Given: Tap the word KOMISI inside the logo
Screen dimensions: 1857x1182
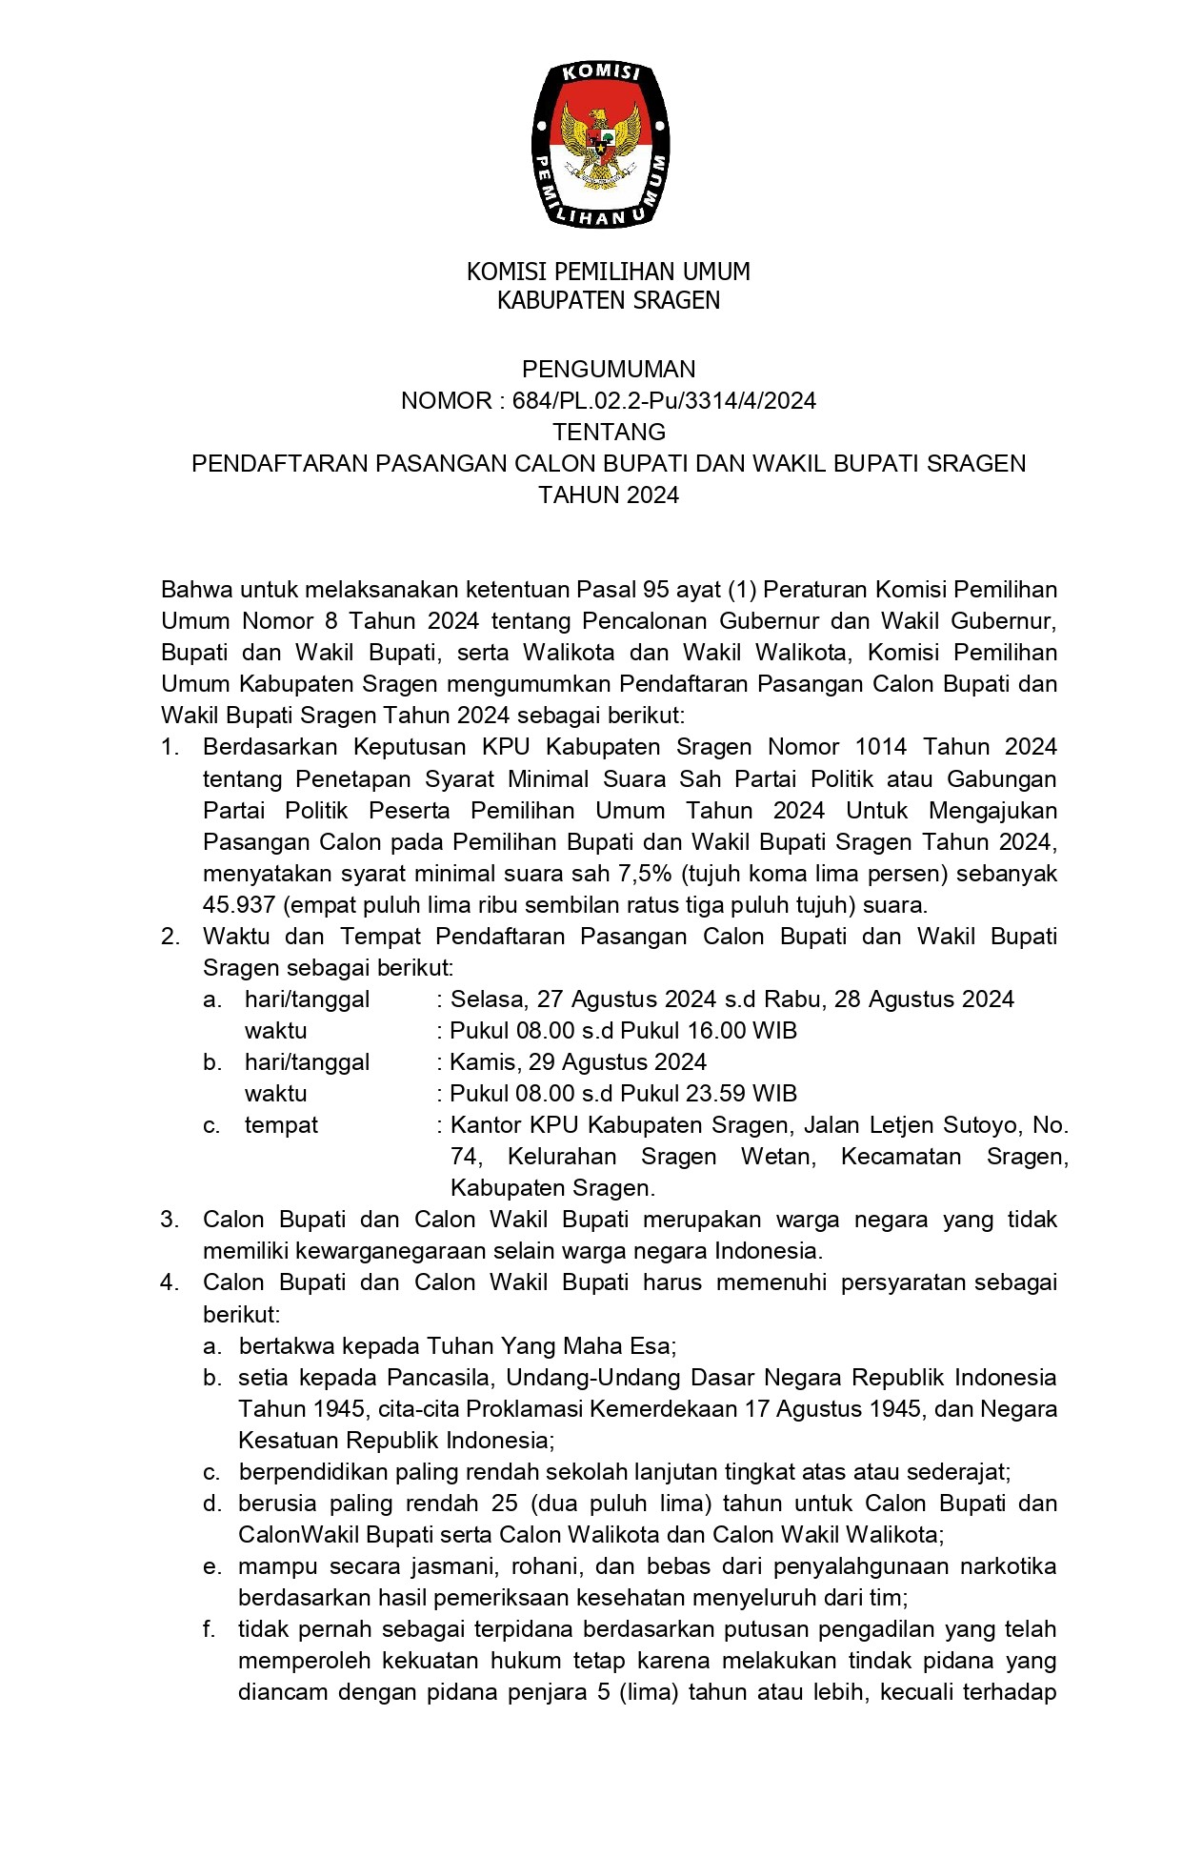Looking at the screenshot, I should pyautogui.click(x=600, y=74).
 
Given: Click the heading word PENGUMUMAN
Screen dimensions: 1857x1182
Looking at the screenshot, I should pyautogui.click(x=609, y=369).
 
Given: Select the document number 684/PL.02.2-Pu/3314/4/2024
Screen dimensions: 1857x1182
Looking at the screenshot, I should pyautogui.click(x=664, y=400).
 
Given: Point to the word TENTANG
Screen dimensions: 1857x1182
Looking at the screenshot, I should pyautogui.click(x=609, y=432).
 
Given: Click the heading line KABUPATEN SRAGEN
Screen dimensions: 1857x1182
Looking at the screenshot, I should pyautogui.click(x=609, y=301).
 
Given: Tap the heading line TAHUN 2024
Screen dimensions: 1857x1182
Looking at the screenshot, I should pyautogui.click(x=609, y=495).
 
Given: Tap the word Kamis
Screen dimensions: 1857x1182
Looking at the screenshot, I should pyautogui.click(x=483, y=1061).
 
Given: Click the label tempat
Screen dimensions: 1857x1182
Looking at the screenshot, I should pyautogui.click(x=281, y=1124).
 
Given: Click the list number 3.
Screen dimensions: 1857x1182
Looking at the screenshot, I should pyautogui.click(x=170, y=1220).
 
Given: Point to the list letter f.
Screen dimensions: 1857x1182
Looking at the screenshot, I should pyautogui.click(x=209, y=1629).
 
